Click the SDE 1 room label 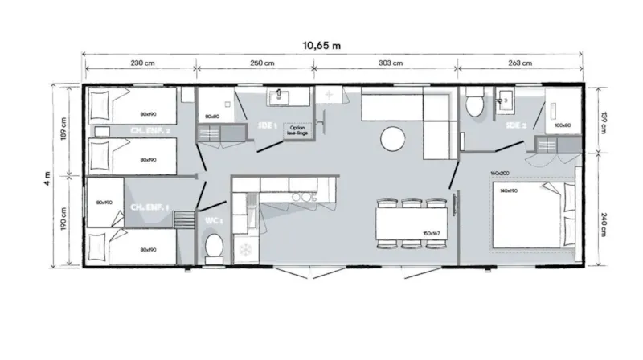click(x=268, y=127)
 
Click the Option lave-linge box click(x=298, y=130)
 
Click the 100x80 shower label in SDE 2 click(x=562, y=125)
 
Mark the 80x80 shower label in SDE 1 click(x=213, y=117)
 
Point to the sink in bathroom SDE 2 click(x=506, y=100)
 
